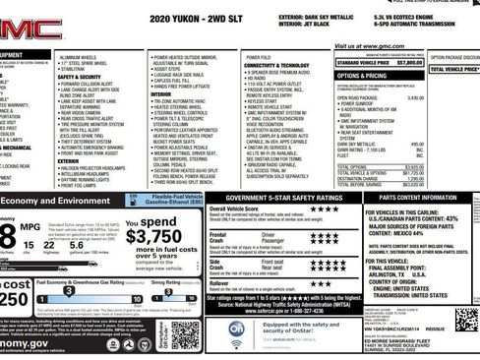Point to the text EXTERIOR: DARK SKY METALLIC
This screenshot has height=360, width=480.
tap(314, 17)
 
